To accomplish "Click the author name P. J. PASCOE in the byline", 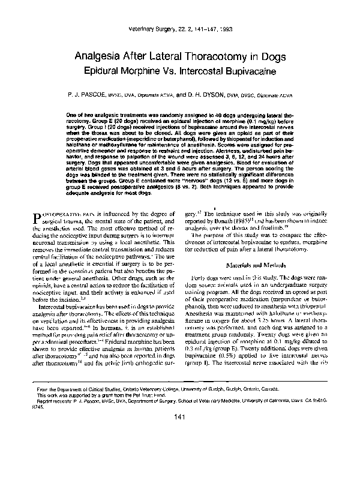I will click(x=93, y=95).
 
